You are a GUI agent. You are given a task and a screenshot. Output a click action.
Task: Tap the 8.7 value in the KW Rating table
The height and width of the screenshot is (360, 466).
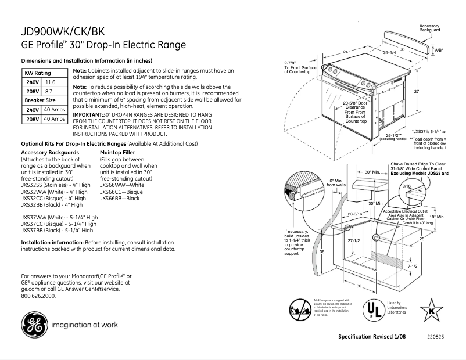(49, 92)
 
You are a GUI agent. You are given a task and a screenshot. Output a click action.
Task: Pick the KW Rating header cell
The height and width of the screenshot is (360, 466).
(37, 73)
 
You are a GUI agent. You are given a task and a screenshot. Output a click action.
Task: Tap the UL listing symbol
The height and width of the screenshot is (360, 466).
(373, 308)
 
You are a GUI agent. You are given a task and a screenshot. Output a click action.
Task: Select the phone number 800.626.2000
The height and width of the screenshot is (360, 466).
(38, 296)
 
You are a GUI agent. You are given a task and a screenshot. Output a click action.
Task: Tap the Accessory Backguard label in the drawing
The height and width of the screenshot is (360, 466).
(429, 28)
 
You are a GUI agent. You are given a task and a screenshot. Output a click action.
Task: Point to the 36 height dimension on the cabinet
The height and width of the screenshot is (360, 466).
(322, 251)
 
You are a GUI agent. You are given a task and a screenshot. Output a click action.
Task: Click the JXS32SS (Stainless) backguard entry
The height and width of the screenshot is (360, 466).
(55, 185)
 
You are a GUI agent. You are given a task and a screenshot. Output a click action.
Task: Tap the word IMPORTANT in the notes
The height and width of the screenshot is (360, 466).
(87, 116)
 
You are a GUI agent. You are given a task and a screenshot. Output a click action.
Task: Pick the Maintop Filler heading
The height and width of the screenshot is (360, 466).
(119, 152)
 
